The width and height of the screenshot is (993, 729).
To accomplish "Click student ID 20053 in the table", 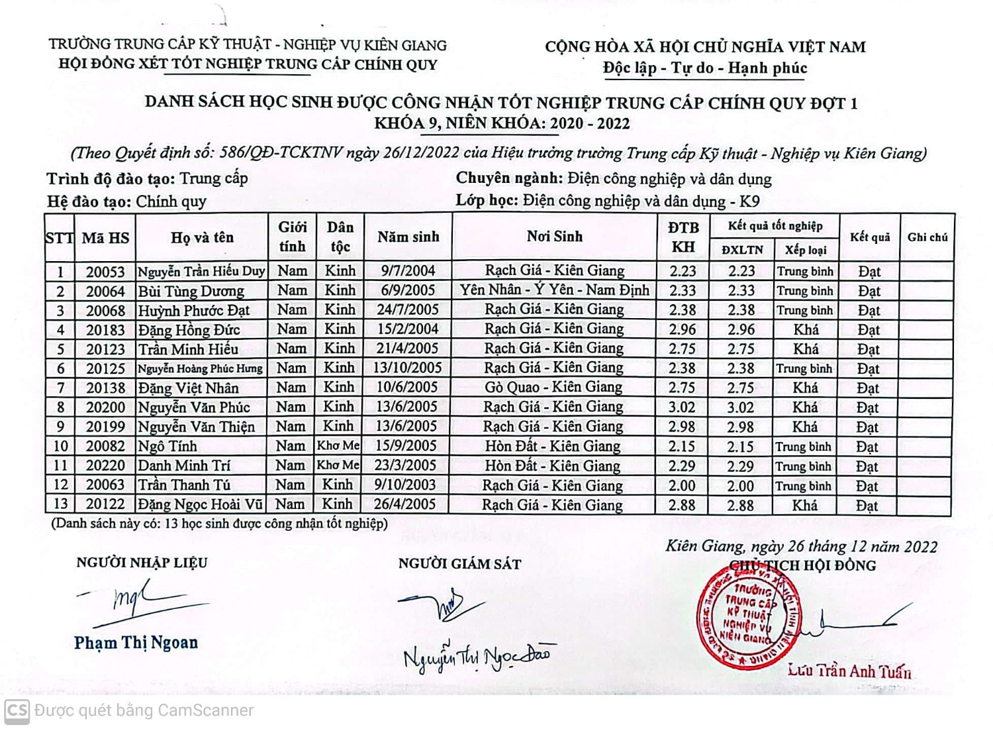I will click(x=105, y=272).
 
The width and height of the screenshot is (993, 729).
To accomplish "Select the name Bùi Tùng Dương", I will click(x=191, y=291).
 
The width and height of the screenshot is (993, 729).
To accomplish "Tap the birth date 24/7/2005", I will click(x=408, y=309).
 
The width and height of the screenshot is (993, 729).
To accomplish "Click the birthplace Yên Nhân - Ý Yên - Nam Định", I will click(x=555, y=290).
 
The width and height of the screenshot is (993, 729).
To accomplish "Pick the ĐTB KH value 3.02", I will click(x=682, y=407).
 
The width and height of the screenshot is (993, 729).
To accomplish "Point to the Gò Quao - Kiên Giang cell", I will click(x=553, y=388).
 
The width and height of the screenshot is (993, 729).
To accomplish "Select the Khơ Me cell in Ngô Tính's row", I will click(x=338, y=446).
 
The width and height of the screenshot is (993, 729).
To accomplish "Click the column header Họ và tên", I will click(x=202, y=237).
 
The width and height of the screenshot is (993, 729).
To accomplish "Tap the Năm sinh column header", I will click(x=408, y=237).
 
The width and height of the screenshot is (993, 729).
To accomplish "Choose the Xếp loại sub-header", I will click(x=806, y=250).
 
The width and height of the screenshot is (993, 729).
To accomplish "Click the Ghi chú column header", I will click(x=927, y=237).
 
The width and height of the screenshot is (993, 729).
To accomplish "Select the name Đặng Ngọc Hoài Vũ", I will click(x=201, y=504).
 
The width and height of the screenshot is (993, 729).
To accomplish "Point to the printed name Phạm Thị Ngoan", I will click(x=136, y=642).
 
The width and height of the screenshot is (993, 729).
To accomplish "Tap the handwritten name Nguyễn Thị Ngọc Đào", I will click(x=477, y=656).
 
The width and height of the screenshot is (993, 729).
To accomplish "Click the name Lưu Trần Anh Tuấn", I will click(x=849, y=671).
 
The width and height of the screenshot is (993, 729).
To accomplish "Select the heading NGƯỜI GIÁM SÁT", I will click(x=459, y=564).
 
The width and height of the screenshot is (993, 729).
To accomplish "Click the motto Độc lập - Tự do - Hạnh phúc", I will click(x=704, y=68).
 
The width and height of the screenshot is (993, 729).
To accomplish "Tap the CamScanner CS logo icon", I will click(x=17, y=710).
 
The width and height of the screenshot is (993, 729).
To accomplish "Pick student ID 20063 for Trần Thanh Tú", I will click(x=105, y=485).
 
